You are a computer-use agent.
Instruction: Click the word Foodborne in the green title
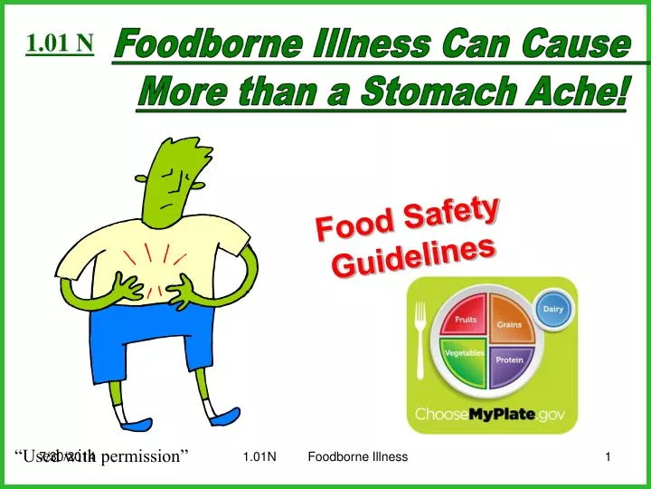tap(184, 44)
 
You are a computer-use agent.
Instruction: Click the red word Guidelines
tap(414, 255)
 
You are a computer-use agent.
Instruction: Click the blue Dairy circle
tap(553, 310)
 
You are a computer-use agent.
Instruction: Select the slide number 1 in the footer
tap(609, 457)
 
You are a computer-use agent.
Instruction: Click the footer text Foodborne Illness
tap(357, 457)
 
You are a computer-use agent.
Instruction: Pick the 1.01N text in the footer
tap(259, 457)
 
